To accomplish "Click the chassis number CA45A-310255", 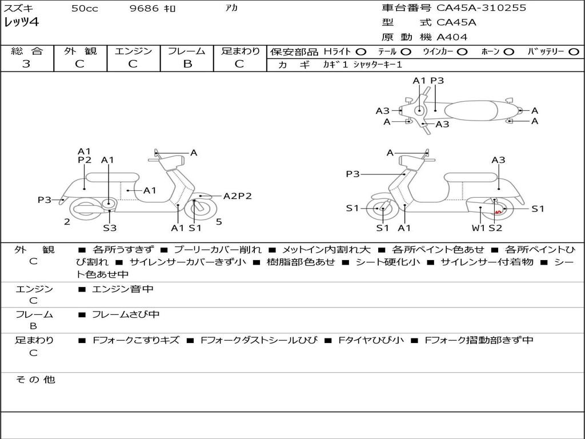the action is pos(481,8).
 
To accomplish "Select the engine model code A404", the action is pos(452,37).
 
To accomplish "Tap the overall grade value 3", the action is pos(26,64).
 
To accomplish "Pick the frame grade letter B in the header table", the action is pos(187,64).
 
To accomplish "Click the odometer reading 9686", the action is pos(145,8).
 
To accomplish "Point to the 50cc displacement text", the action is pos(85,8).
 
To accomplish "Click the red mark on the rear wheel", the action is pos(498,212).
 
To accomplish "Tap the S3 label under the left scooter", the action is pos(110,228).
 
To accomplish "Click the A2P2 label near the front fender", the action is pos(237,196).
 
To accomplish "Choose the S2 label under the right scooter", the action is pos(495,228).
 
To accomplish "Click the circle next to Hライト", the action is pos(361,52).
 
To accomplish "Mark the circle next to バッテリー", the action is pos(574,52).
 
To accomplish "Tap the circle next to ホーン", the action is pos(508,52).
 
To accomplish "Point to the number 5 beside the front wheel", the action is pos(219,222).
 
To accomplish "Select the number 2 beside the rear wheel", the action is pos(67,222).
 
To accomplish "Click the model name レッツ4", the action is pos(21,22).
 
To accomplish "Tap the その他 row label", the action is pos(35,380).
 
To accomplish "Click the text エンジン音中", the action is pos(123,289).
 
